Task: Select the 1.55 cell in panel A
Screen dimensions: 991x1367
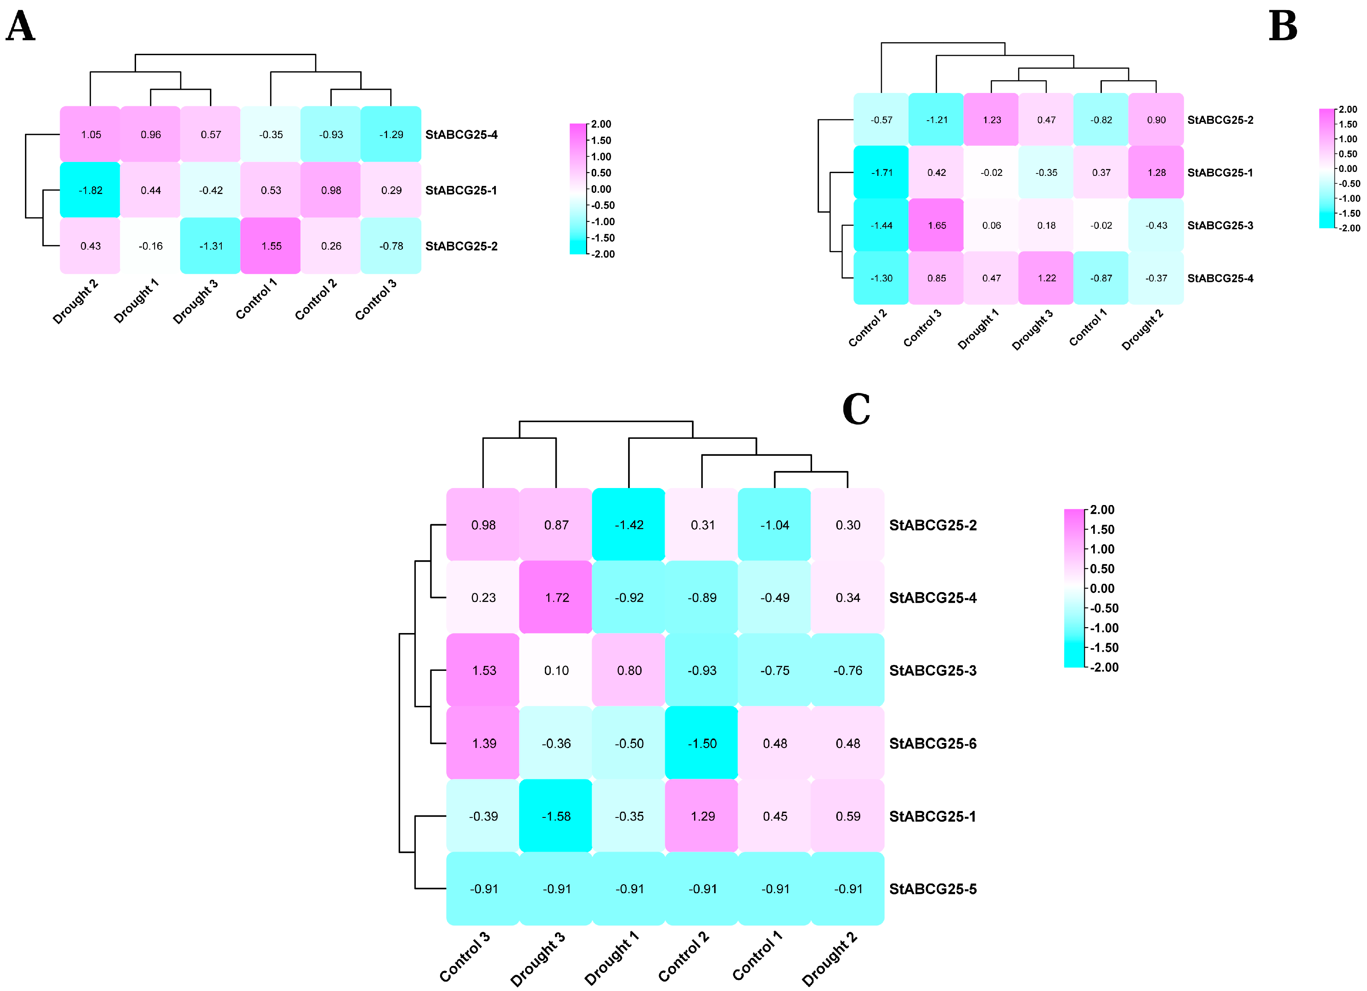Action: coord(271,246)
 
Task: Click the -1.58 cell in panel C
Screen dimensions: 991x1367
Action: coord(556,816)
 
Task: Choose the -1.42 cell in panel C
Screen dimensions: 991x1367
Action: coord(628,525)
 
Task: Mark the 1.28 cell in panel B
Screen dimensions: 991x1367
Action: coord(1156,172)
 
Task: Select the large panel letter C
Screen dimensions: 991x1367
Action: coord(856,410)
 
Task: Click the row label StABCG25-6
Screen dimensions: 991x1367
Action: coord(933,743)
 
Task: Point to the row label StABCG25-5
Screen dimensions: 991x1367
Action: coord(933,889)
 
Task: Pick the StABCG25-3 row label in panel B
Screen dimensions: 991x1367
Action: coord(1220,225)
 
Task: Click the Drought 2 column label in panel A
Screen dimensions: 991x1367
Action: coord(75,301)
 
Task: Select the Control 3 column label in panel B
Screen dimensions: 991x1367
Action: coord(922,328)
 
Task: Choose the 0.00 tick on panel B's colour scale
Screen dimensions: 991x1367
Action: coord(1348,169)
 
